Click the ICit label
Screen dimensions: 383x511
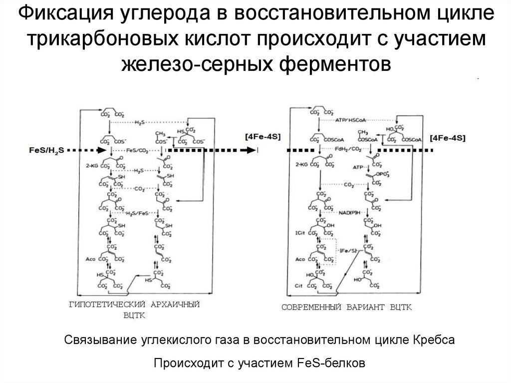[300, 232]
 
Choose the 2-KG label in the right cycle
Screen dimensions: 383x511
[301, 163]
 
